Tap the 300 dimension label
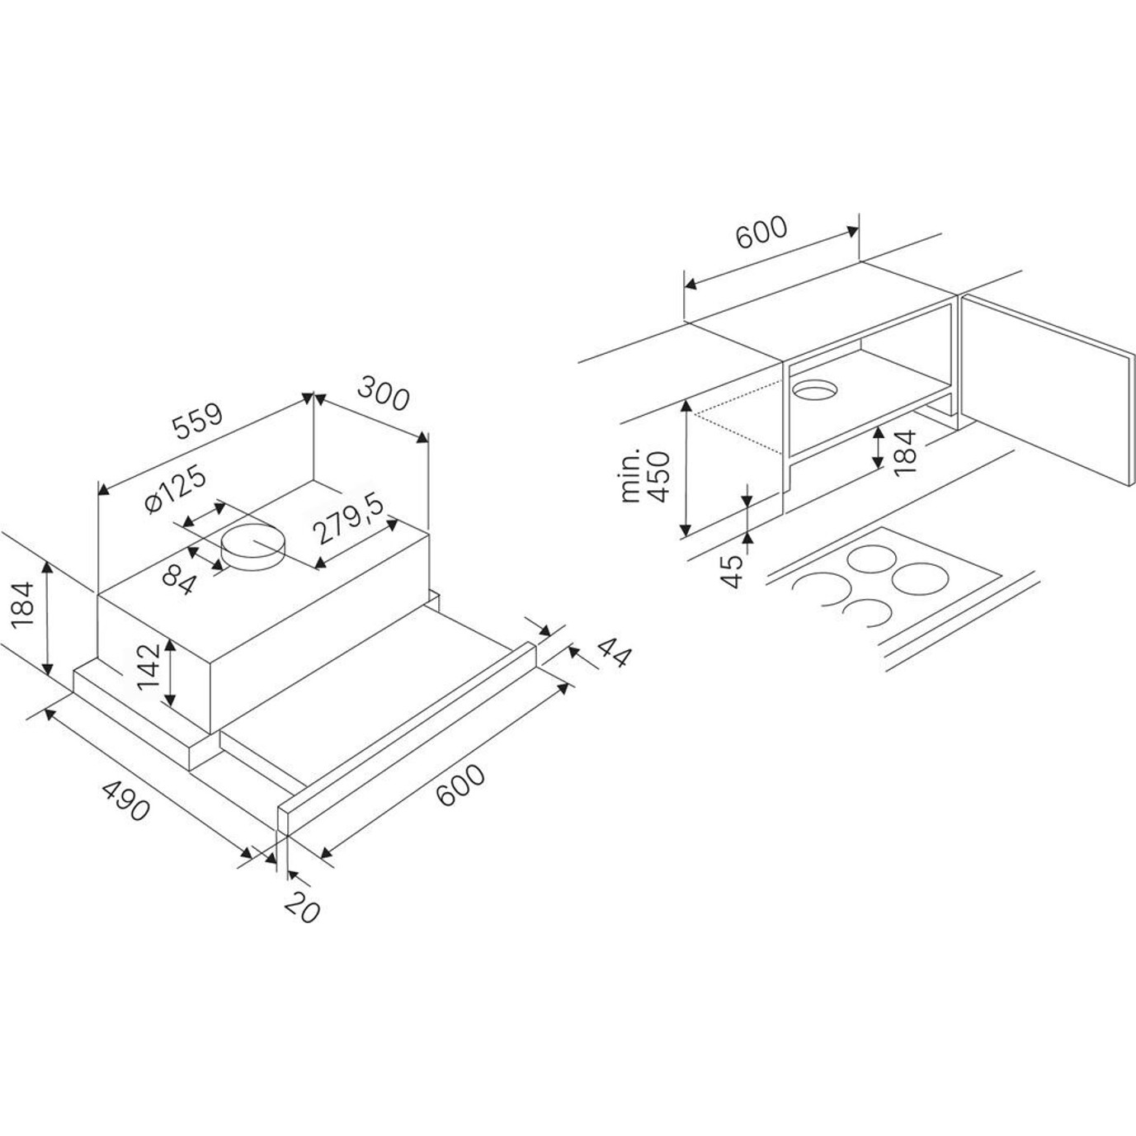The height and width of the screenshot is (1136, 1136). tap(383, 392)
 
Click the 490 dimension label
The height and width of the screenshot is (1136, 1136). tap(125, 800)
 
